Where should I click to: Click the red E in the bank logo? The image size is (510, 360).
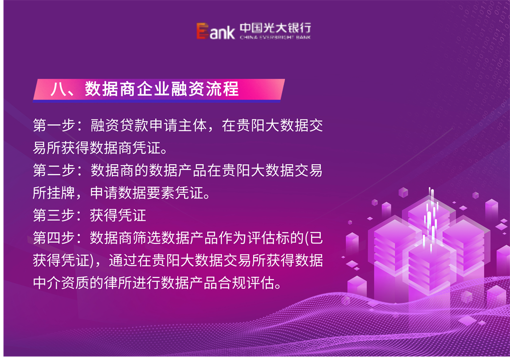[202, 32]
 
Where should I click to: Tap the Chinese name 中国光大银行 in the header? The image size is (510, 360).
[275, 28]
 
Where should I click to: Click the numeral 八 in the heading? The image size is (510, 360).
[58, 89]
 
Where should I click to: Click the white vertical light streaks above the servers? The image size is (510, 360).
[430, 215]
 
